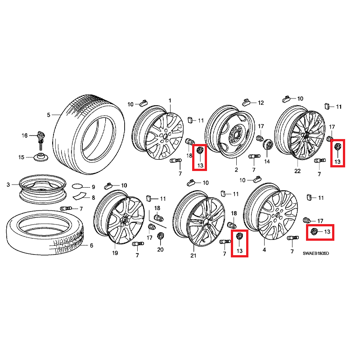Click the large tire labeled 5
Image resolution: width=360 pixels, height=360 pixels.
pos(89,134)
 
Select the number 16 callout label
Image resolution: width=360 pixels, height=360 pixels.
pos(25,136)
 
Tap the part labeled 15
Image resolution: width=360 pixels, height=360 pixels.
pos(41,157)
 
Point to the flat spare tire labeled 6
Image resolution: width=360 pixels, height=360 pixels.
pos(45,232)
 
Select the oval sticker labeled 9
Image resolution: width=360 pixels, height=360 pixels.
pos(77,186)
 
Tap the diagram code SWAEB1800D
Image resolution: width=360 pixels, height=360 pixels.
pos(316,253)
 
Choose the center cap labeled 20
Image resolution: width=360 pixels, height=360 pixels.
pos(160,236)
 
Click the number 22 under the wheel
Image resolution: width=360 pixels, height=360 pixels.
pos(297,171)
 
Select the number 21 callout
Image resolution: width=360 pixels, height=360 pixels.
pos(193,256)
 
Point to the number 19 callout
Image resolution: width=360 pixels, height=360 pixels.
pos(115,253)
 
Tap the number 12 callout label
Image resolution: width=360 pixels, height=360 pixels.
pos(261,103)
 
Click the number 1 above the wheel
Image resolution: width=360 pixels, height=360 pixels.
pos(170,100)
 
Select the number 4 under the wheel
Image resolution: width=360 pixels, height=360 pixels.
pos(264,250)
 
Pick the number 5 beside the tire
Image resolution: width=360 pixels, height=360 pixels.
pos(49,115)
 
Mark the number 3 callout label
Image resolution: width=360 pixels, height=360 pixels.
pos(8,184)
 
